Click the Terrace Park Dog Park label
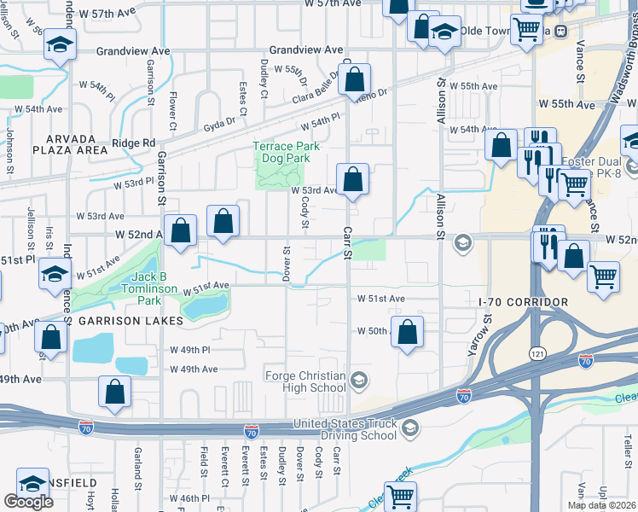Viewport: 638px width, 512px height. (286, 152)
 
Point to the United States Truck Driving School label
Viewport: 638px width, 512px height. (345, 429)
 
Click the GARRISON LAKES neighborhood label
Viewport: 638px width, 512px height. (130, 321)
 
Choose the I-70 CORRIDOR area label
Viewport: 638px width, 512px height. (523, 303)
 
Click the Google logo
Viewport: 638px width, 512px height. (28, 502)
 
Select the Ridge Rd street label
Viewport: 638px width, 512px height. (136, 143)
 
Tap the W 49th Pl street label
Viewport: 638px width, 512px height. (189, 351)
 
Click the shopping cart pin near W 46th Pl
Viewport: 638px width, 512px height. (401, 496)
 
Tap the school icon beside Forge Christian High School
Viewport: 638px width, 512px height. (360, 379)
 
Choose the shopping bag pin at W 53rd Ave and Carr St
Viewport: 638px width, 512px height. (352, 180)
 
